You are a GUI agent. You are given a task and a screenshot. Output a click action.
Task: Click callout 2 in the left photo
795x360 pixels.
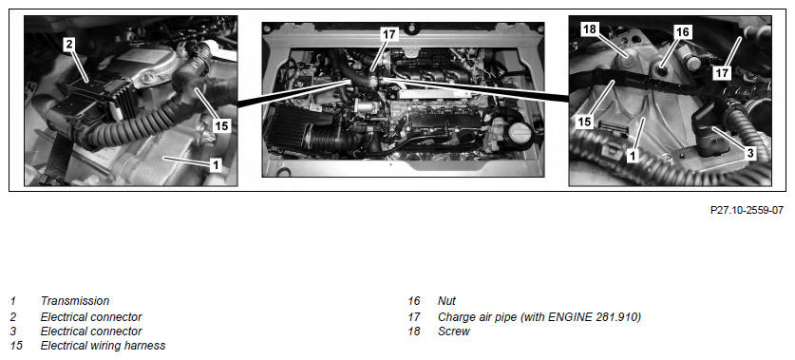coord(69,44)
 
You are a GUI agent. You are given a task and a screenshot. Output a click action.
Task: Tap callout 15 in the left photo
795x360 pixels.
coord(221,125)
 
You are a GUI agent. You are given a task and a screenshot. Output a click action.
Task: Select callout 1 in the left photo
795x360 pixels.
coord(216,164)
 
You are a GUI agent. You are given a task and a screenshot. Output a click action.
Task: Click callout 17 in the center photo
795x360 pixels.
coord(389,34)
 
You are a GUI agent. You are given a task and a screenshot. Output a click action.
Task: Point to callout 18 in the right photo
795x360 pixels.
coord(590,29)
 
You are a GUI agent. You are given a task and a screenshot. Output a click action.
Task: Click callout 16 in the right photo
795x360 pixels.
coord(682,32)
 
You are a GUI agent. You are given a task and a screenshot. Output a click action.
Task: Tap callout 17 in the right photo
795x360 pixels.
coord(722,73)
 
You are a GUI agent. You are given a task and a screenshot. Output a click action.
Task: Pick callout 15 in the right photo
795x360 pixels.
coord(584,123)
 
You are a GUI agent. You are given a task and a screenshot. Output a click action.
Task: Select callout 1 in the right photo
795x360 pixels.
coord(632,156)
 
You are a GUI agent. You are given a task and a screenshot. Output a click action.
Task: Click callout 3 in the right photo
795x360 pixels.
coord(750,153)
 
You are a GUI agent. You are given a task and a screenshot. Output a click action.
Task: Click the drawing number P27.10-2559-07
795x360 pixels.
coord(747,210)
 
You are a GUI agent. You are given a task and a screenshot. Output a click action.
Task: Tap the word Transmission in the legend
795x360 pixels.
coord(75,301)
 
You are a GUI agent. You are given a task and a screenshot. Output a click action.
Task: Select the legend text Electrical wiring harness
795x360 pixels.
coord(103,346)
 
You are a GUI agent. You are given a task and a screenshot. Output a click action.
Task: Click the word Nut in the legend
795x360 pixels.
coord(446,301)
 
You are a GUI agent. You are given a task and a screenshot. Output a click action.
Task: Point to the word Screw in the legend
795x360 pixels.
coord(454,332)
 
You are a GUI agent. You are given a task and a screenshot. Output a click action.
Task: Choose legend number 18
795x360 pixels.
coord(414,332)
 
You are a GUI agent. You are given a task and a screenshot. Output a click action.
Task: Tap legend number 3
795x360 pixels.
coord(13,332)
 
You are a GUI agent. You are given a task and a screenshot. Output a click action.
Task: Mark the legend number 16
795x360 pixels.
coord(414,301)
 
